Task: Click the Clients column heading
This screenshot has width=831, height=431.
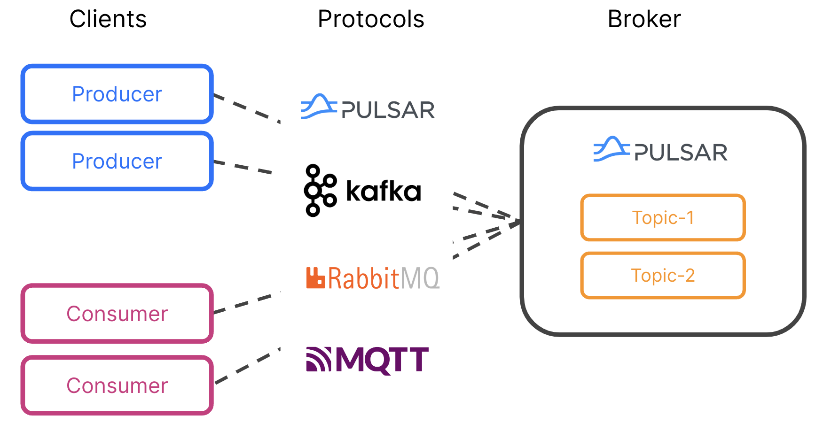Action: (x=108, y=19)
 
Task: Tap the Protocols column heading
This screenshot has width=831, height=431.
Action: (x=371, y=19)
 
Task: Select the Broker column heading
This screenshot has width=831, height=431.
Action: (x=644, y=19)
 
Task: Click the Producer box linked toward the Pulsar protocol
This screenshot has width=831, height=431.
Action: (x=117, y=94)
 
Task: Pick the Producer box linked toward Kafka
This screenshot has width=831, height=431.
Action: (x=117, y=161)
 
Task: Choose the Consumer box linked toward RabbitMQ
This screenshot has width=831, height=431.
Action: (x=117, y=314)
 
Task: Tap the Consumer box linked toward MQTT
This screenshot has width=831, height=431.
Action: (x=117, y=385)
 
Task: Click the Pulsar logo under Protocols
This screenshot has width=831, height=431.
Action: (x=367, y=107)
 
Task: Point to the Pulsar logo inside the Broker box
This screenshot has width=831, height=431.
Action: (x=660, y=150)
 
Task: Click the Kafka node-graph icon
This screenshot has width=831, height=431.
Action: (x=320, y=190)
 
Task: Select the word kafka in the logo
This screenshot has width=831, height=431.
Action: (x=383, y=191)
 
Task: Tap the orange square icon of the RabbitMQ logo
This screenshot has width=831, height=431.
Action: (x=315, y=277)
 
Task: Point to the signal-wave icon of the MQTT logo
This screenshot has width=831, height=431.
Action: (x=319, y=359)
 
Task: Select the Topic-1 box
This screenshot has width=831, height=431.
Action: (x=663, y=218)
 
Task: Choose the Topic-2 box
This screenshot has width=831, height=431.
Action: (x=663, y=276)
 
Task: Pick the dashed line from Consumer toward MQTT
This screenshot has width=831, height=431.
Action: (x=246, y=366)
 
